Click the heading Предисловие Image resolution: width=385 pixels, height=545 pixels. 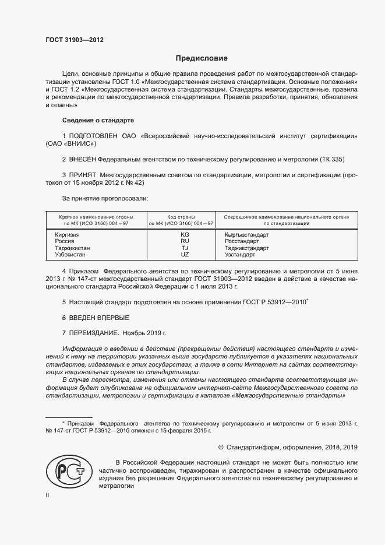[202, 58]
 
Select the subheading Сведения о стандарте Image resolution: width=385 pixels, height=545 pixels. [98, 120]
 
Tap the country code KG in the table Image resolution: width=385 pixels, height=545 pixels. [185, 234]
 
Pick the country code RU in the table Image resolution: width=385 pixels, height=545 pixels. [185, 241]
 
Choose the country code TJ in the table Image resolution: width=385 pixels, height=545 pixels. [185, 248]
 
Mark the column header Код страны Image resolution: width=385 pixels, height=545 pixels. [181, 216]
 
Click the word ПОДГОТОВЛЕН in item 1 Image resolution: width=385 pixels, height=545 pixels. [94, 136]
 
